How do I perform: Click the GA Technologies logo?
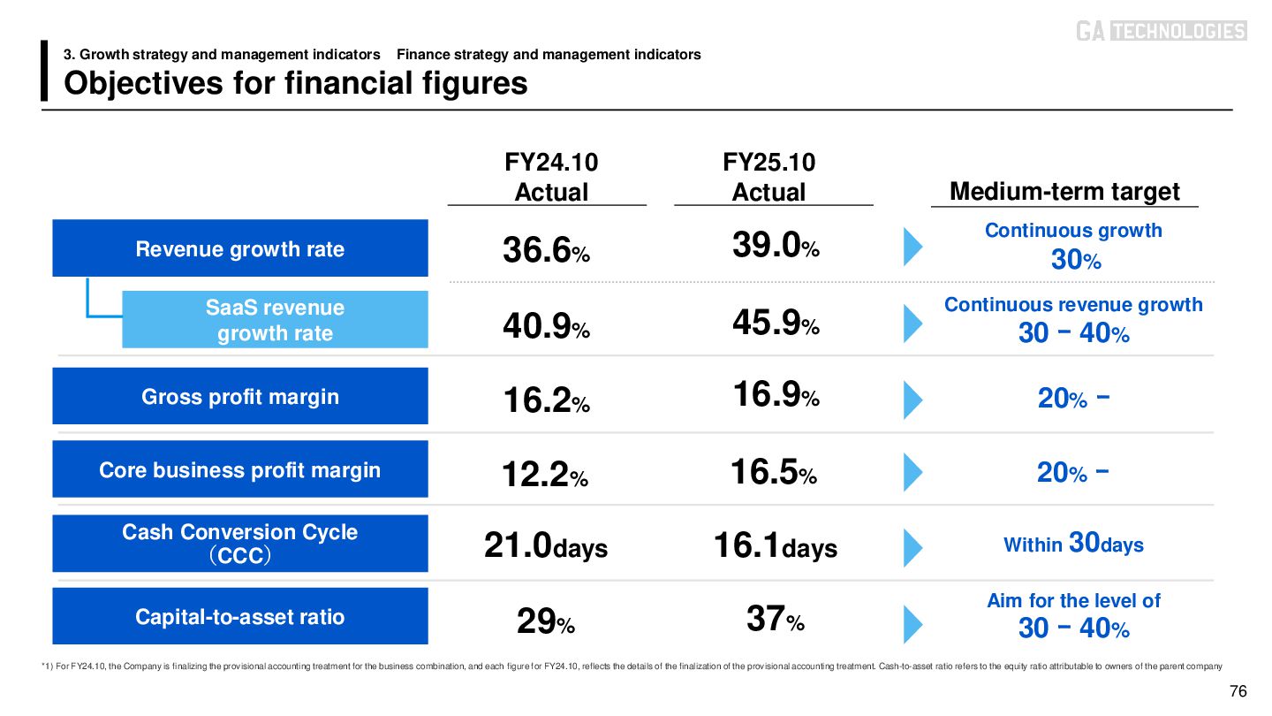[x=1161, y=31]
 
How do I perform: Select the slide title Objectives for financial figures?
[x=296, y=83]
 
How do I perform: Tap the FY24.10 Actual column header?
[x=551, y=177]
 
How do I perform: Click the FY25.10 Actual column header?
[x=769, y=177]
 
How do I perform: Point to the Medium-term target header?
[x=1064, y=192]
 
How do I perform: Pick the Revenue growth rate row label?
[x=240, y=249]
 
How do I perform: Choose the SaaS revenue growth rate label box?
[x=275, y=320]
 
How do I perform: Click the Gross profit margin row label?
[x=240, y=396]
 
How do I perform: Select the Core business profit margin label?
[x=240, y=469]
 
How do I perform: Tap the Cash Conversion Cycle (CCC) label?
[x=240, y=543]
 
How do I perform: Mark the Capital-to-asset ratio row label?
[x=240, y=616]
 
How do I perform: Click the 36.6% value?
[x=546, y=252]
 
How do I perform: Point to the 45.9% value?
[x=776, y=324]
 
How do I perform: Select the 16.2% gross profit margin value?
[x=546, y=402]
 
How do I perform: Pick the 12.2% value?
[x=544, y=476]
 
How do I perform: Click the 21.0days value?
[x=546, y=547]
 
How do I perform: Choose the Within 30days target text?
[x=1073, y=544]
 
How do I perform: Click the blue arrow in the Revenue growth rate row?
[x=912, y=248]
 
